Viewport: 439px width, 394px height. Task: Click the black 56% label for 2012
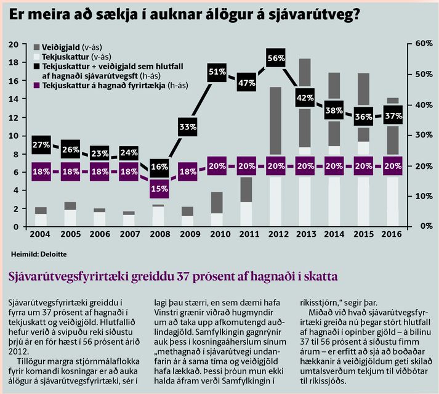pos(276,58)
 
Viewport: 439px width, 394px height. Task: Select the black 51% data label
pos(217,72)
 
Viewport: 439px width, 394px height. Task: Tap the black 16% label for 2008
pos(159,168)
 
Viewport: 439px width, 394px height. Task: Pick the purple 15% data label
pos(159,189)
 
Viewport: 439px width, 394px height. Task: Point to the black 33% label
pos(188,127)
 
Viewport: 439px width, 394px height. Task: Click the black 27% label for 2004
pos(41,145)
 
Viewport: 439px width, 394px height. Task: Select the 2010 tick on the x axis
pos(220,234)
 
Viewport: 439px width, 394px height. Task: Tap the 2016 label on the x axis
pos(392,234)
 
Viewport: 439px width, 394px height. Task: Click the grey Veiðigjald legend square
pos(37,47)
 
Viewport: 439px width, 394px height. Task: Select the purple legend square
pos(37,85)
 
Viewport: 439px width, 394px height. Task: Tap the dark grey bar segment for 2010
pos(217,202)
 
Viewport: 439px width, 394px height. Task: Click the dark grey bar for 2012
pos(276,121)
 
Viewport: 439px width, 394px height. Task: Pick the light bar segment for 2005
pos(70,218)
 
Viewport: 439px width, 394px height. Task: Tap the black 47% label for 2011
pos(247,83)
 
